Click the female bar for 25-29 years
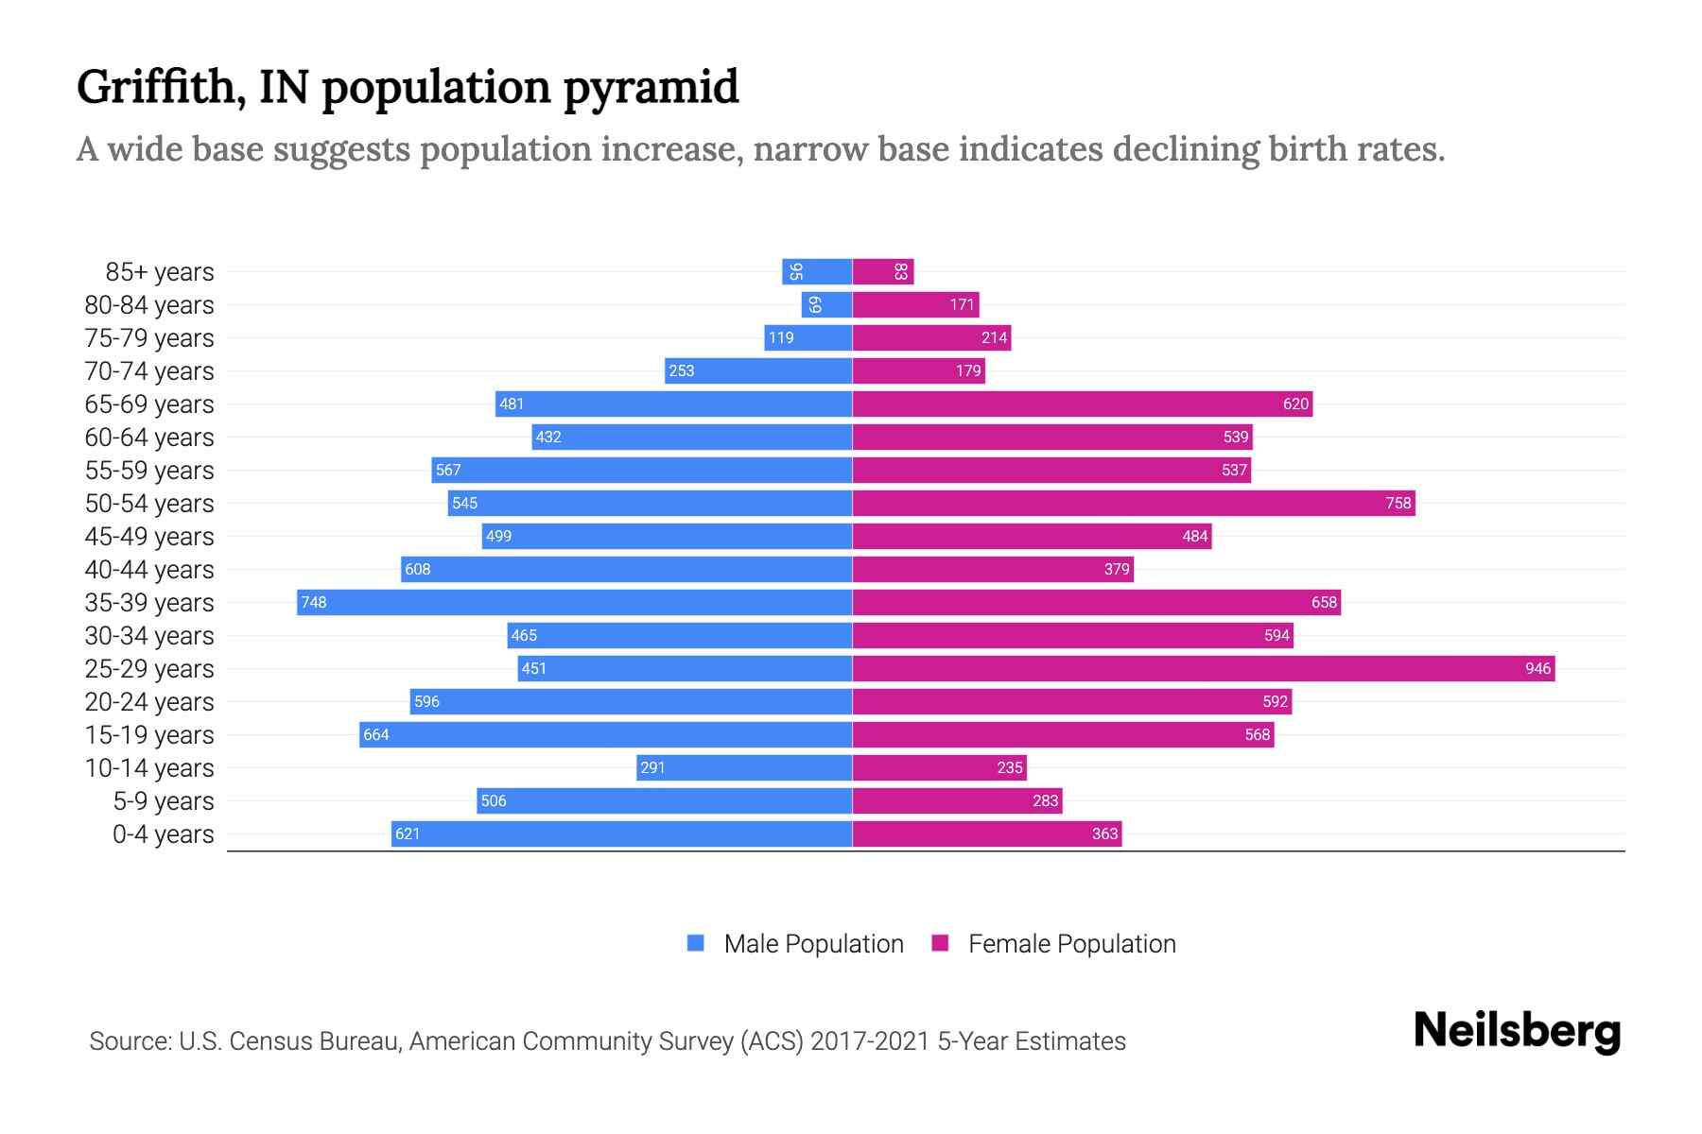pos(1203,669)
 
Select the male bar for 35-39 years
pos(575,603)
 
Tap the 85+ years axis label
pos(160,272)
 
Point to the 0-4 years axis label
pos(163,834)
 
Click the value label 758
pos(1398,504)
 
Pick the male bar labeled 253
pos(758,371)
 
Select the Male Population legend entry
pos(795,944)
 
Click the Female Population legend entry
pos(1053,944)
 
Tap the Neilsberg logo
pos(1517,1031)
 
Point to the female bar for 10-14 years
pos(939,768)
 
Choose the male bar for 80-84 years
pos(826,305)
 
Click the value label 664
pos(376,735)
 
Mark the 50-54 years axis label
pos(149,504)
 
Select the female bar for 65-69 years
pos(1082,404)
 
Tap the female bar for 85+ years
pos(882,272)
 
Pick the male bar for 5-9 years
pos(664,801)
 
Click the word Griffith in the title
pos(155,88)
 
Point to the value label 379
pos(1117,570)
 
